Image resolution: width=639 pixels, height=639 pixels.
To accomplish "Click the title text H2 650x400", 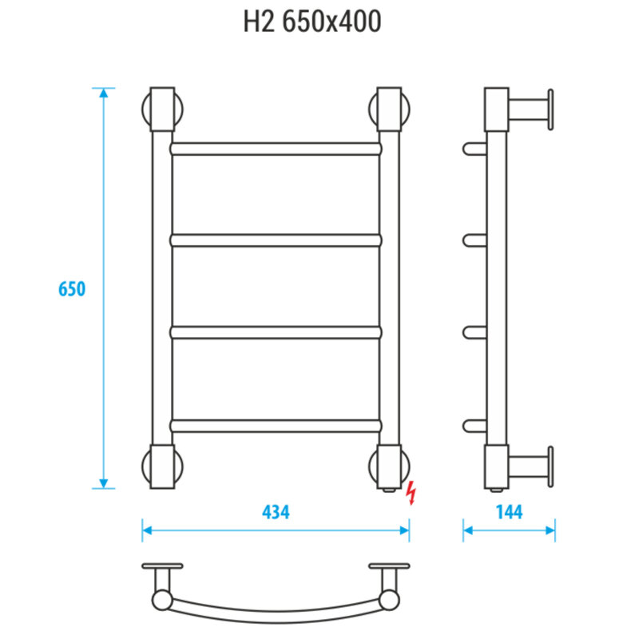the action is (x=312, y=22).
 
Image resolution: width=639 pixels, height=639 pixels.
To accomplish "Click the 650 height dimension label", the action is (x=72, y=289).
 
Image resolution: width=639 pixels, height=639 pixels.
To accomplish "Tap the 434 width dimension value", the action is (x=276, y=512).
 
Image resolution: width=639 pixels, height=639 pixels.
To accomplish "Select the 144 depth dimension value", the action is (x=509, y=512).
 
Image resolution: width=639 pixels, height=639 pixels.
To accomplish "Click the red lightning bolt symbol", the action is (x=412, y=493).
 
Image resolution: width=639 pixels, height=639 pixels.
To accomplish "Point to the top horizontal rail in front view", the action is (x=276, y=149).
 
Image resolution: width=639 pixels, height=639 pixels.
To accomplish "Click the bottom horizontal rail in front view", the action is (x=276, y=426).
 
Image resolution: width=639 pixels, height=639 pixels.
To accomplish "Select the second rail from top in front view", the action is (x=276, y=240).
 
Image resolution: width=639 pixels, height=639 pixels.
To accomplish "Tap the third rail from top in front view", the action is (x=276, y=332).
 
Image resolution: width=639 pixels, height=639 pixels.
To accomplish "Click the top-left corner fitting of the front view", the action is (x=162, y=109).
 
